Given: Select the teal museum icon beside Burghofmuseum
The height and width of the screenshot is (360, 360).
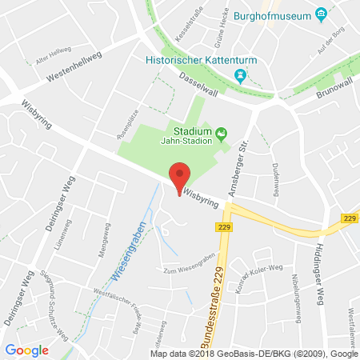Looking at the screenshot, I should [321, 14].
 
